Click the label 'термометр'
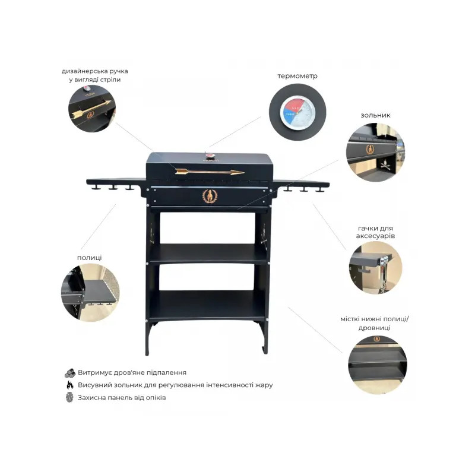297,76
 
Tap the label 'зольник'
375,115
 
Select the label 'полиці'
90,258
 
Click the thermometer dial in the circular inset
297,112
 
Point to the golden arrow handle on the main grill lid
210,172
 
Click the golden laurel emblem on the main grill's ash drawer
210,196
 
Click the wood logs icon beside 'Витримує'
70,373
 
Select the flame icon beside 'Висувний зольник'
70,385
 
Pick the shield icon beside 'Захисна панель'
69,397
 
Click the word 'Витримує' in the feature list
93,373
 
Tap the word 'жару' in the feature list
264,385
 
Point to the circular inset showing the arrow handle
92,109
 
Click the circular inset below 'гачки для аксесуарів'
375,268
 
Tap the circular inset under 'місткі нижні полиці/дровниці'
378,365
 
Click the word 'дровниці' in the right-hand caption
375,328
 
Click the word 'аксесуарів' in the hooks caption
375,236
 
